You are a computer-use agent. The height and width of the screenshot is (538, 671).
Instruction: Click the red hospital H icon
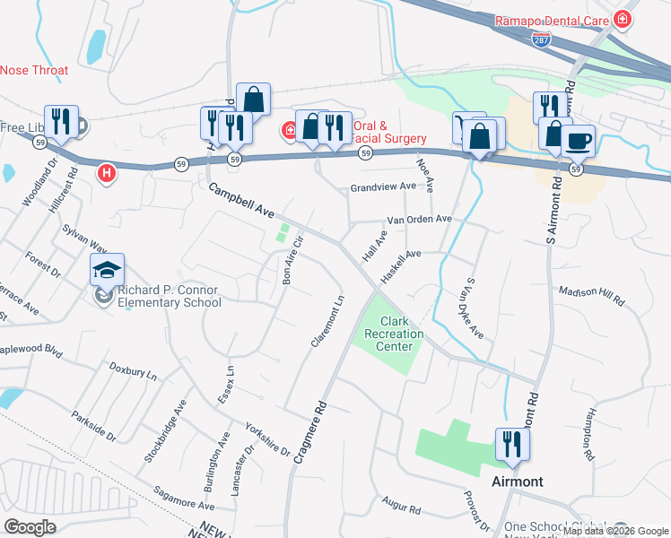click(x=107, y=172)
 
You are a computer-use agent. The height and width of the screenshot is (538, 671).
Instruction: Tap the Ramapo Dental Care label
click(x=553, y=20)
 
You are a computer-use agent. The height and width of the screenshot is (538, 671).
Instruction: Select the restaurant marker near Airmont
click(x=512, y=444)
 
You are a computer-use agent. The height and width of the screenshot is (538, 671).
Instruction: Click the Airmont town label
click(x=518, y=482)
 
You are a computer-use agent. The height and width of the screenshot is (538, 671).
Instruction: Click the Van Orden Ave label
click(x=419, y=220)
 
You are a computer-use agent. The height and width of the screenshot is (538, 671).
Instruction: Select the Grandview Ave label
click(x=384, y=187)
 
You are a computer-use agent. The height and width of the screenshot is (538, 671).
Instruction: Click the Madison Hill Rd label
click(x=591, y=296)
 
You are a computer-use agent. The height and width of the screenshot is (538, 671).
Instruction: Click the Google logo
click(x=30, y=527)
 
